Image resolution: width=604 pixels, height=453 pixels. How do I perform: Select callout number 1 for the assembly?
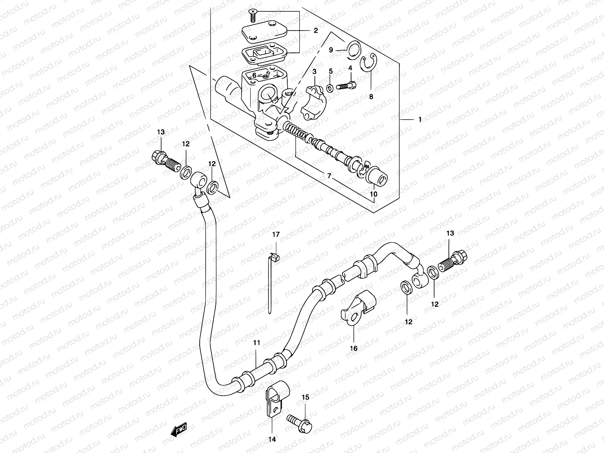(x=419, y=120)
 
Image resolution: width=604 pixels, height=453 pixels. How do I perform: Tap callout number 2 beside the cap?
(x=316, y=31)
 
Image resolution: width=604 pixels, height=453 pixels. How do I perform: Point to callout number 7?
(x=329, y=176)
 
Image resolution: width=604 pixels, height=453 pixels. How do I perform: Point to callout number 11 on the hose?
(x=257, y=343)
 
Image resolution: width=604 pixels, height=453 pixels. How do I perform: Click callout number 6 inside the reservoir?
(x=254, y=75)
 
